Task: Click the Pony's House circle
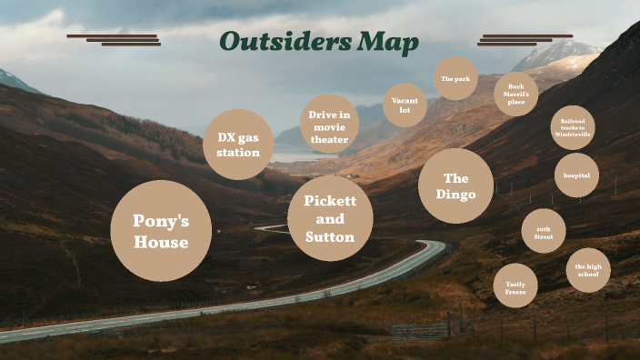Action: [x=161, y=231]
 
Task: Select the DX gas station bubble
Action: [x=238, y=145]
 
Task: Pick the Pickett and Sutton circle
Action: [x=330, y=218]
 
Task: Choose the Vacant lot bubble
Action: [x=405, y=105]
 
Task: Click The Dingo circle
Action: [x=455, y=185]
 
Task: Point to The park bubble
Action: [x=455, y=79]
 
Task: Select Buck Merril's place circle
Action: [x=516, y=95]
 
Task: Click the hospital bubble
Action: [x=576, y=175]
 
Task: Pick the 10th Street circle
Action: [x=544, y=231]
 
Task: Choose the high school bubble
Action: [x=588, y=270]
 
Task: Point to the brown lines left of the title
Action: [x=114, y=40]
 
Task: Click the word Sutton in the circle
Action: [x=330, y=237]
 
